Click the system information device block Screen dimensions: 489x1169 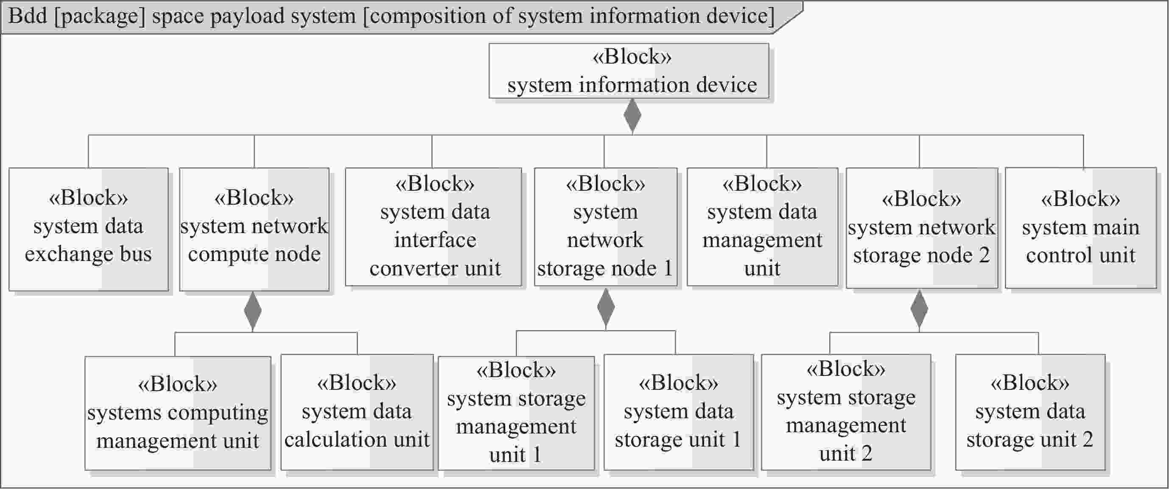(x=629, y=71)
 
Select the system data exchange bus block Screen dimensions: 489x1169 (x=89, y=229)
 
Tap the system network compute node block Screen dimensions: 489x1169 (x=254, y=229)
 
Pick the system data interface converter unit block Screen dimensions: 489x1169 (x=433, y=227)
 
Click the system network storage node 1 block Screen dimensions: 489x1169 (x=605, y=227)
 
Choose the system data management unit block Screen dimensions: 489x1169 (x=762, y=227)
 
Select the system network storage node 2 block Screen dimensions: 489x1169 (x=922, y=228)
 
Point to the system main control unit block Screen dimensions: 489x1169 (x=1080, y=228)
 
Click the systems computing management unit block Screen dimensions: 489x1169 (x=177, y=413)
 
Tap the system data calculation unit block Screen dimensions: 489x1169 (x=357, y=412)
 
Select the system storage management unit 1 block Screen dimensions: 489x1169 (x=516, y=413)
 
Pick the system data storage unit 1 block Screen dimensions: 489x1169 (x=678, y=412)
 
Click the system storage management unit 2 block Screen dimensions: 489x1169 (x=846, y=412)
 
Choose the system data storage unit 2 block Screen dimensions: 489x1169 (x=1030, y=412)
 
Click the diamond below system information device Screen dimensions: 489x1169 (x=632, y=116)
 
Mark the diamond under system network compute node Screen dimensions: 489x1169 (x=253, y=311)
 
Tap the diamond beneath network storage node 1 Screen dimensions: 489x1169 (x=606, y=308)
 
